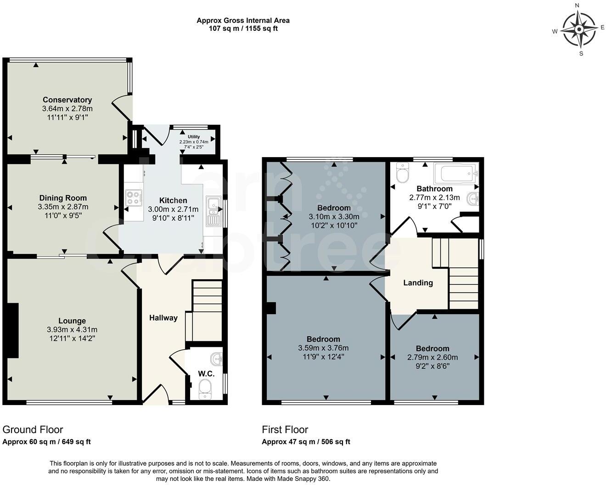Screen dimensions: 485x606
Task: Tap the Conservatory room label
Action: (x=67, y=100)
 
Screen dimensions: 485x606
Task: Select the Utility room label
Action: (x=194, y=137)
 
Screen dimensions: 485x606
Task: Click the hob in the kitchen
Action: (x=133, y=197)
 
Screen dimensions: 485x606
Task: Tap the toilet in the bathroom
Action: (x=402, y=173)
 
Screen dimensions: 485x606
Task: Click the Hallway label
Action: (x=163, y=317)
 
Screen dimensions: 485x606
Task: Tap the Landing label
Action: (x=418, y=282)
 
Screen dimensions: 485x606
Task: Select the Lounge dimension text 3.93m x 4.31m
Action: (x=72, y=329)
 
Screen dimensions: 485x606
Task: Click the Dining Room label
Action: (x=63, y=198)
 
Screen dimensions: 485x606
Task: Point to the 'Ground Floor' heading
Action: (x=33, y=429)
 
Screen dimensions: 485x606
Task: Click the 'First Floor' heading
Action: (x=285, y=429)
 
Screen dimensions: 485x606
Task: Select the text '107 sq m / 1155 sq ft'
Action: (x=243, y=28)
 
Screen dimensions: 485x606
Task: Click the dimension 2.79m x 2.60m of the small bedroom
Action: (x=432, y=357)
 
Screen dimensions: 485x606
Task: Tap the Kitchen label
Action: (x=173, y=200)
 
